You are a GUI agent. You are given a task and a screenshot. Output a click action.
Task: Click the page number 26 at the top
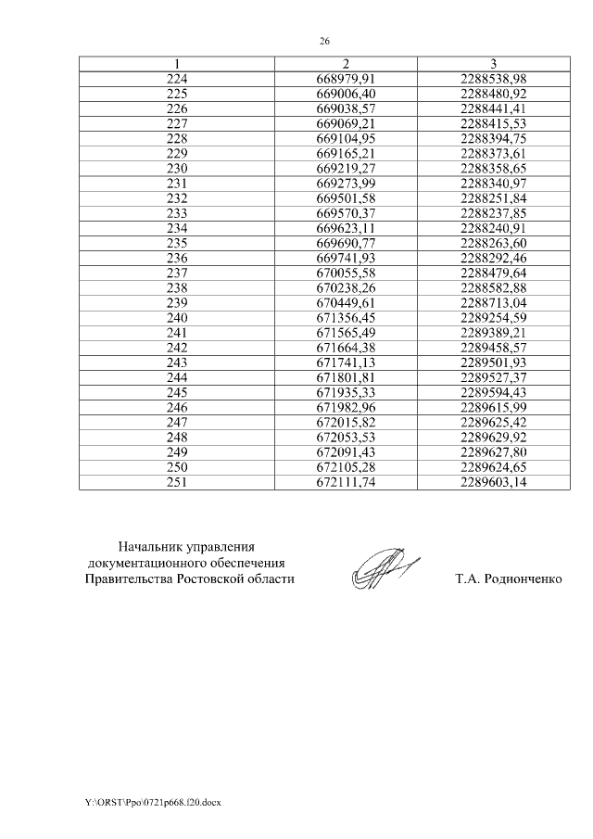tap(324, 42)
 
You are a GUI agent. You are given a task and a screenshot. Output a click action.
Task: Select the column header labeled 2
tap(345, 64)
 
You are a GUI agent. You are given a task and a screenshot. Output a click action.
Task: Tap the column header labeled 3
tap(493, 64)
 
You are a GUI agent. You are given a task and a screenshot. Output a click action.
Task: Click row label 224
tap(176, 79)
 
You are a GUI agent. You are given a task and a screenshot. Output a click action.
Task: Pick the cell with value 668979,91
tap(345, 79)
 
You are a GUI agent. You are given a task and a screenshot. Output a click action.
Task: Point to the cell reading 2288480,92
tap(493, 94)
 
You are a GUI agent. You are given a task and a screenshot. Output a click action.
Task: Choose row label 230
tap(176, 169)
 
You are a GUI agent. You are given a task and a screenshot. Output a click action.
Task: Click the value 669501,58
tap(345, 198)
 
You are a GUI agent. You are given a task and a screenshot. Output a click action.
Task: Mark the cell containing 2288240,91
tap(493, 228)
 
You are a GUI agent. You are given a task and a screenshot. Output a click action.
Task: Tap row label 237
tap(176, 273)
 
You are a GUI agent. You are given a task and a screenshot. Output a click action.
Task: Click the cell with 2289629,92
tap(493, 437)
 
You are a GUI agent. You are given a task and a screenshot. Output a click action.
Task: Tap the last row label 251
tap(176, 481)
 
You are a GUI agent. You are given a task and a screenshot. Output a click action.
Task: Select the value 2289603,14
tap(493, 481)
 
